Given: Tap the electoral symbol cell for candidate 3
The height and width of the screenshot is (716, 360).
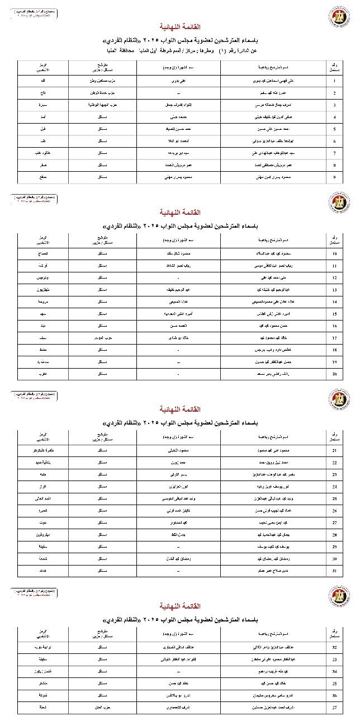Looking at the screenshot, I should (x=42, y=105).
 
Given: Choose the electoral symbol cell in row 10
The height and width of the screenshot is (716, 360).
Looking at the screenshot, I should (x=42, y=253).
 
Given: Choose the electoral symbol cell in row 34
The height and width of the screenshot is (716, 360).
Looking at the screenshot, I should (x=42, y=672).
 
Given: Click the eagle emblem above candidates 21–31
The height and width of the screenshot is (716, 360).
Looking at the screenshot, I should (x=339, y=400).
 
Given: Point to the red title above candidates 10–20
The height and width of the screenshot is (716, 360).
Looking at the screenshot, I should (x=180, y=213).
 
